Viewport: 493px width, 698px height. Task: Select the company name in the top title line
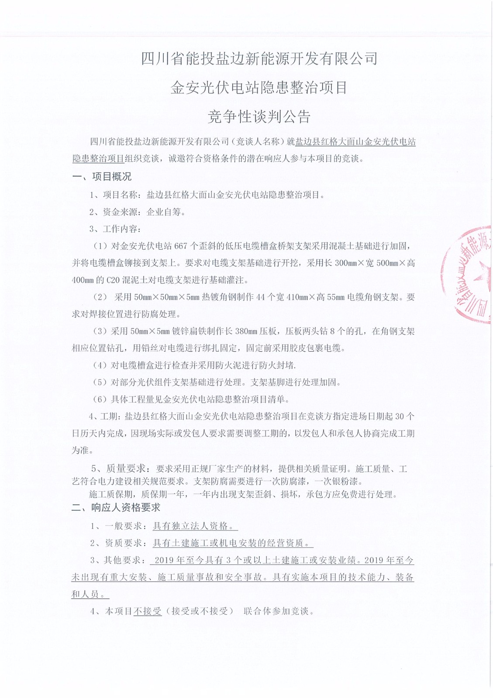[259, 58]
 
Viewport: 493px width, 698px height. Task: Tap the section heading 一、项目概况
[101, 177]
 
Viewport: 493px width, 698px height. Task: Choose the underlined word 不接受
[147, 611]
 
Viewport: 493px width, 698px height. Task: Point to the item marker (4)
[100, 365]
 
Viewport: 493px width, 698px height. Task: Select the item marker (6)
[100, 399]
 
